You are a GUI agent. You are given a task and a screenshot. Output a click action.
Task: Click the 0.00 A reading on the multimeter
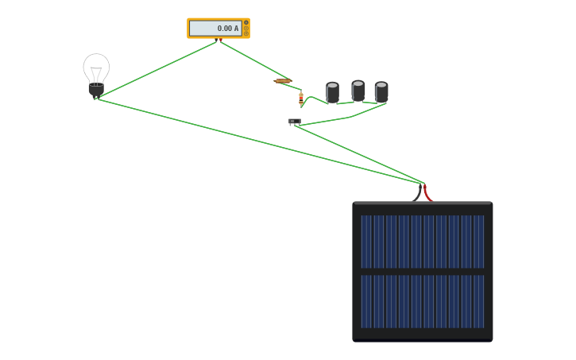228,29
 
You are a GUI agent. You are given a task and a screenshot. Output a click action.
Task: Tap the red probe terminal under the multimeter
221,40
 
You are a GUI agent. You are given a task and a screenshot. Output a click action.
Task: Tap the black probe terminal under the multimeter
216,40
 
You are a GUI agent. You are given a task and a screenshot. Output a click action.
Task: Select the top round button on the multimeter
246,23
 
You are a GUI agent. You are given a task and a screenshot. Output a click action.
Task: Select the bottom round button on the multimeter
246,34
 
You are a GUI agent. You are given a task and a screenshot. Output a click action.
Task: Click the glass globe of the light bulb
96,68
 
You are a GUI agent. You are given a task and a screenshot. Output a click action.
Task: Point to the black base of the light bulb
96,90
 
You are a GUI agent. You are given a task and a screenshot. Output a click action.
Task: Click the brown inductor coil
283,81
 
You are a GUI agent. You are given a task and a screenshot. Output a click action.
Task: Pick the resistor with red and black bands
301,99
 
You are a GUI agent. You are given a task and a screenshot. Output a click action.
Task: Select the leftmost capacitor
332,92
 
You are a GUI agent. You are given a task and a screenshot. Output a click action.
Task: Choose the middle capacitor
358,91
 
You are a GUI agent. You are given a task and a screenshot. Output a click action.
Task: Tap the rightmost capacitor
381,92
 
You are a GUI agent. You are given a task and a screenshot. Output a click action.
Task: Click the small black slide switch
295,122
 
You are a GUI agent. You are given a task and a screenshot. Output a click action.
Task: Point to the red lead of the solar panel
428,193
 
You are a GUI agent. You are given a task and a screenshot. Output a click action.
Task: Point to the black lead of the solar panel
417,193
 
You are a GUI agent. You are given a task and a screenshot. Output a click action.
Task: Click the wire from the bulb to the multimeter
157,70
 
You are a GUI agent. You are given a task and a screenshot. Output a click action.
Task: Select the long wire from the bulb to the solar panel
259,141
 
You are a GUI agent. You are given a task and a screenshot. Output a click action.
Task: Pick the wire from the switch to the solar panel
359,155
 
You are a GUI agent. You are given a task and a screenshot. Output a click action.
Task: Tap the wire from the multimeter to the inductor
253,60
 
